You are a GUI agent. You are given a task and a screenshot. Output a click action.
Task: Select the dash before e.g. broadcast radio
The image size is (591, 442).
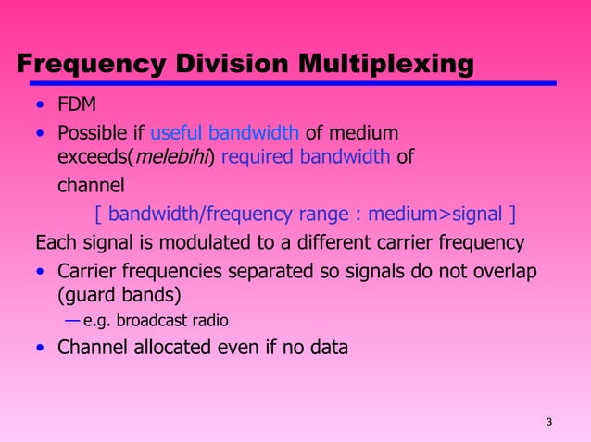click(71, 321)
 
